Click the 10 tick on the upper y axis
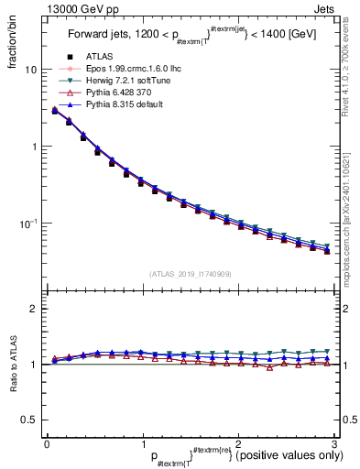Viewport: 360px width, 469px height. tap(31, 70)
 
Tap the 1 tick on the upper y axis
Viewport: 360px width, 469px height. tap(34, 147)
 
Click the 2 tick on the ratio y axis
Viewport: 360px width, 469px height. tap(34, 309)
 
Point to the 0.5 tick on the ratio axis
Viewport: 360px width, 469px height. tap(29, 420)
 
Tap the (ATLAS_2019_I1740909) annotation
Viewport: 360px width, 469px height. tap(189, 274)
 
